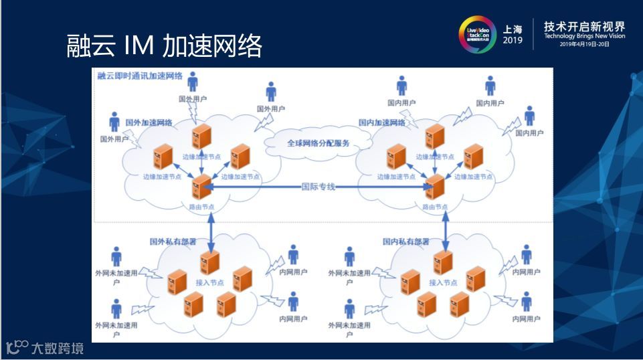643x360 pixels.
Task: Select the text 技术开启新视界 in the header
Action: point(584,26)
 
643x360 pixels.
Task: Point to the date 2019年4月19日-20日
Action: point(585,44)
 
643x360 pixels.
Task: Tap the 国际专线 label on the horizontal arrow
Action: point(318,186)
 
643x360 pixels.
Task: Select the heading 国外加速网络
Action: point(149,123)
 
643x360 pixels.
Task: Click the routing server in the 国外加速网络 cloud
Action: point(201,185)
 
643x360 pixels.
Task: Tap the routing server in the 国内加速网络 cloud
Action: point(435,185)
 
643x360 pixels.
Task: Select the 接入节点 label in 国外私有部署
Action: point(209,282)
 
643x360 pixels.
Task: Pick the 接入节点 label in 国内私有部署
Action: point(443,282)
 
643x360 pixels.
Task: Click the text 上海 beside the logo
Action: point(513,29)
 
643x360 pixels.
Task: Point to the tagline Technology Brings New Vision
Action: point(584,36)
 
